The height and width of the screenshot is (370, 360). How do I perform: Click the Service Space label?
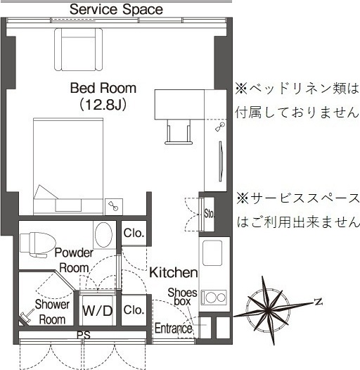click(x=116, y=9)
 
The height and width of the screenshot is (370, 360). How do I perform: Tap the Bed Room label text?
click(x=103, y=89)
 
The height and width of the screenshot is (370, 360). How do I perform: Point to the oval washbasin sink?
click(x=103, y=234)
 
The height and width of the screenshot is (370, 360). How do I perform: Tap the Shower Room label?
click(x=52, y=312)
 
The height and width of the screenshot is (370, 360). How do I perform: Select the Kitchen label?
click(x=173, y=272)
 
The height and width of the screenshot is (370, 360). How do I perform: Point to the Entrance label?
click(x=173, y=328)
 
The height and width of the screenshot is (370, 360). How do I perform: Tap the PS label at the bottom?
click(x=84, y=336)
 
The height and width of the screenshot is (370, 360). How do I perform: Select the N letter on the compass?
click(x=319, y=302)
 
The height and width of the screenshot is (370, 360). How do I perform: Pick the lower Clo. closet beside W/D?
click(x=133, y=309)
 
